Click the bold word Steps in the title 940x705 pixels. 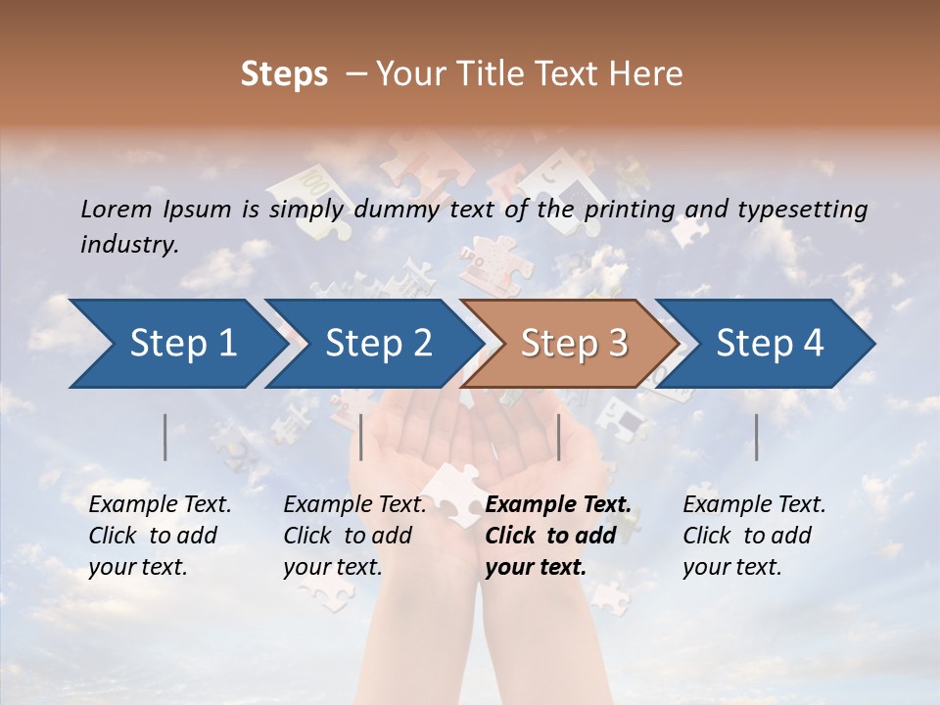[284, 74]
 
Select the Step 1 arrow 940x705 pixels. [176, 344]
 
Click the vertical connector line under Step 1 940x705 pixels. [165, 437]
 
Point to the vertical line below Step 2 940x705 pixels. [361, 437]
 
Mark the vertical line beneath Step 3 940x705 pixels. [558, 437]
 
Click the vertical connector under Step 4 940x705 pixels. [756, 437]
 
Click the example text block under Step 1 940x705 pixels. [160, 536]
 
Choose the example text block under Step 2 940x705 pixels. [354, 536]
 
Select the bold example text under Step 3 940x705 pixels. [558, 536]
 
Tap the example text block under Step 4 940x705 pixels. [754, 536]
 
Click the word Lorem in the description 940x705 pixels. [116, 210]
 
